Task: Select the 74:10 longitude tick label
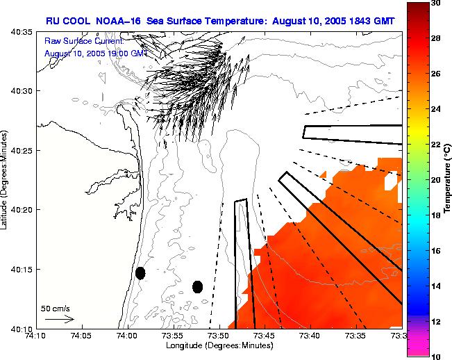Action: coord(35,336)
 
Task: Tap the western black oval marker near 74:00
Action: coord(140,273)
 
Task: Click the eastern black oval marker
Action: coord(197,286)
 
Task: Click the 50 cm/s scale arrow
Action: coord(60,319)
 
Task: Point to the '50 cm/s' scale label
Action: coord(56,307)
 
